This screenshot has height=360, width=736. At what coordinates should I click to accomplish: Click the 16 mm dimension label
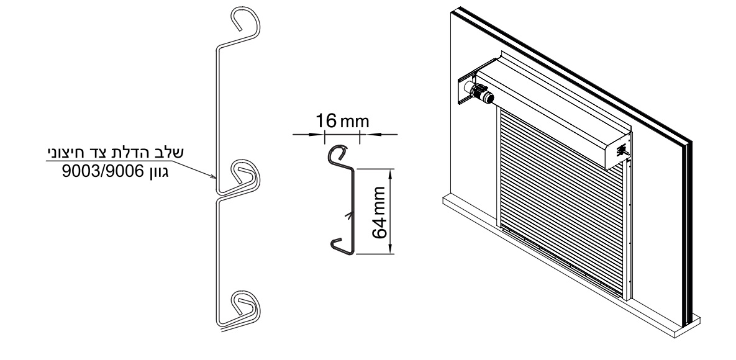(342, 121)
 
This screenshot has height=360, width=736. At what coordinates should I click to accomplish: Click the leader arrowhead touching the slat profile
(212, 176)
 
